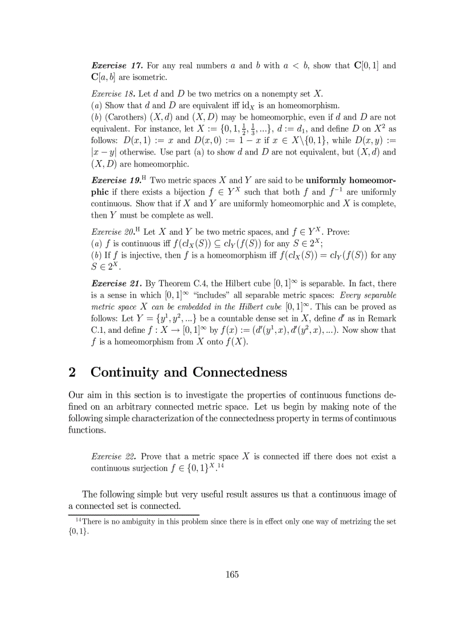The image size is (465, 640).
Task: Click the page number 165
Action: [x=232, y=574]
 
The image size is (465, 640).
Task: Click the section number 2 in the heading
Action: [x=72, y=373]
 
